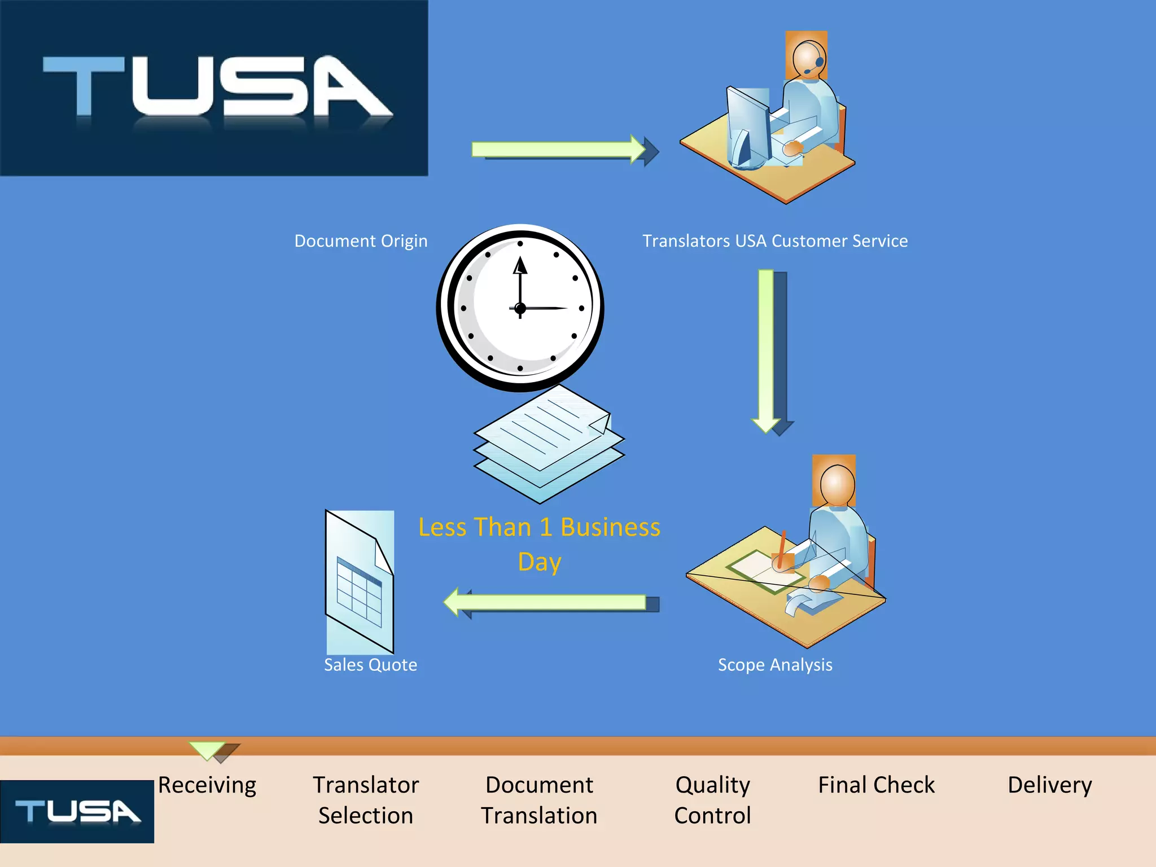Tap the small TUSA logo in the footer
[77, 812]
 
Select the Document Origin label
[361, 241]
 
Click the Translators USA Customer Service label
[775, 241]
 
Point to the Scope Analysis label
[775, 665]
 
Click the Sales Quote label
[370, 665]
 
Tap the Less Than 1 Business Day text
[539, 544]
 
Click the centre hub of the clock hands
[520, 308]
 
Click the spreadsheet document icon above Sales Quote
[360, 581]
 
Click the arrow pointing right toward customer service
[559, 149]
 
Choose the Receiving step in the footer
[207, 785]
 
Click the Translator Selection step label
[366, 800]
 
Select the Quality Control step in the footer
[712, 800]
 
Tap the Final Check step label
[876, 785]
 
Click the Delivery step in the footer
[1050, 785]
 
